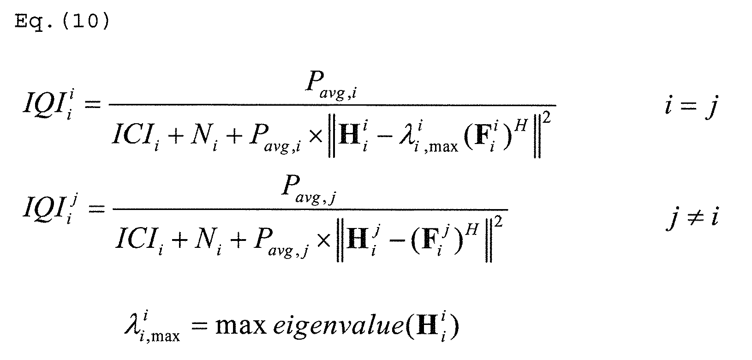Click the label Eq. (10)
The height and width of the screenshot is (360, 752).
coord(62,22)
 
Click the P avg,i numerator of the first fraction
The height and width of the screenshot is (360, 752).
coord(331,86)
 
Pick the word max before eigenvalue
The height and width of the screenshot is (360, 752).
coord(241,326)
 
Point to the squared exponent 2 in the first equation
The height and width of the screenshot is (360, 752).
coord(547,118)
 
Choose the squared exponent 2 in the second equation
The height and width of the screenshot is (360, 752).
coord(498,222)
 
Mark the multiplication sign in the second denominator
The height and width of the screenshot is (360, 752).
coord(323,241)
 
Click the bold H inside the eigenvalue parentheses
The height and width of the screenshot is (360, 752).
coord(427,325)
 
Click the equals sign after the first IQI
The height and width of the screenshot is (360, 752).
coord(92,104)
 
